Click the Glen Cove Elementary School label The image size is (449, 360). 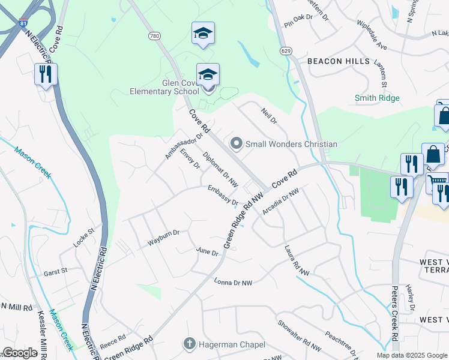click(x=164, y=87)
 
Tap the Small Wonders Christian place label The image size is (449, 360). click(x=291, y=144)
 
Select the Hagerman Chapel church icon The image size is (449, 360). click(x=189, y=344)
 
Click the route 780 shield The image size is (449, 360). click(x=155, y=37)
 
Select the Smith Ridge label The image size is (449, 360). click(x=377, y=98)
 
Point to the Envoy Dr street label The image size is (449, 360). click(x=190, y=158)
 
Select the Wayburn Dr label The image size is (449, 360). click(x=164, y=238)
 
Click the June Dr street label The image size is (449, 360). click(x=207, y=252)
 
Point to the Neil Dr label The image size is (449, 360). click(x=268, y=116)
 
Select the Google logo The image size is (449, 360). click(x=20, y=353)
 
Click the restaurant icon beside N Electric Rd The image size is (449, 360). click(x=45, y=74)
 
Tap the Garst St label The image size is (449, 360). click(x=56, y=272)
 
